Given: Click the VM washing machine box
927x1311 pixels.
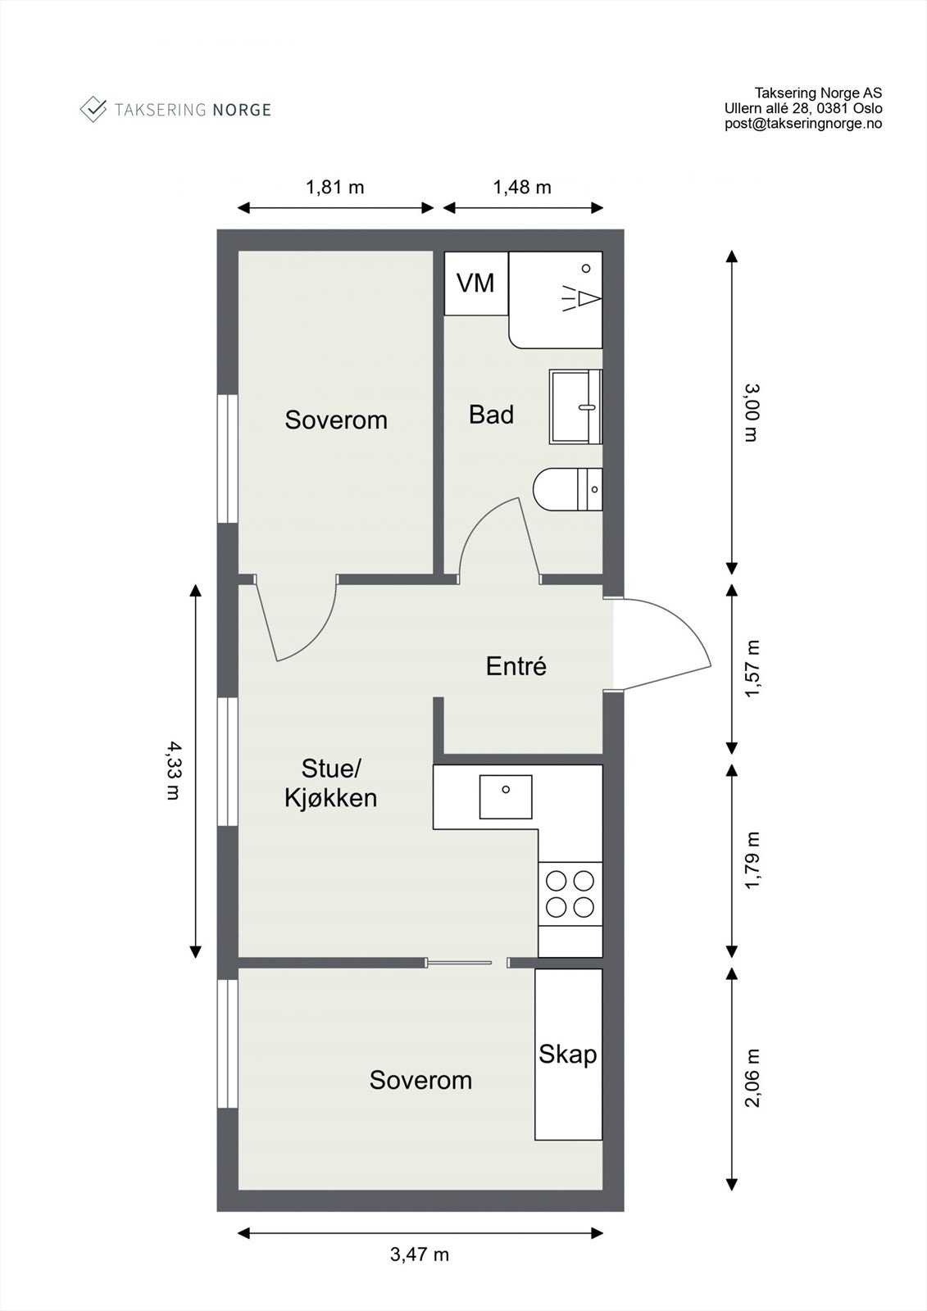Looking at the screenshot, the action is click(475, 284).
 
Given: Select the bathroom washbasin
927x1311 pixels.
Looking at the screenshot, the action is click(575, 406).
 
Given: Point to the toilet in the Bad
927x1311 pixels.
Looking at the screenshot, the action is click(567, 488).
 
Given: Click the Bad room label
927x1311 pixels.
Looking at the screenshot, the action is click(491, 415).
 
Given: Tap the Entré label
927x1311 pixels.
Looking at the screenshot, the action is click(516, 666).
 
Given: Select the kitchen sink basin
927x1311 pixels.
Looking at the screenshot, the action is click(506, 796).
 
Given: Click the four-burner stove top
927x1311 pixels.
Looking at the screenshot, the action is click(570, 894).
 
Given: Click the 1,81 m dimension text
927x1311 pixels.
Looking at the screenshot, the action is click(335, 188).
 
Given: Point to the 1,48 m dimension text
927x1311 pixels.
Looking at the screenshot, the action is click(522, 188).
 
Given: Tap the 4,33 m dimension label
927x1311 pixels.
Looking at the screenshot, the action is click(174, 770).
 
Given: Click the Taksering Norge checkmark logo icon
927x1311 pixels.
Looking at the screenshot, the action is click(93, 110).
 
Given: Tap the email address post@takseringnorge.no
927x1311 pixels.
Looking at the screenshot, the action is click(803, 124).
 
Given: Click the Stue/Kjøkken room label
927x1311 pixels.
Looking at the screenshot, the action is click(331, 783).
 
